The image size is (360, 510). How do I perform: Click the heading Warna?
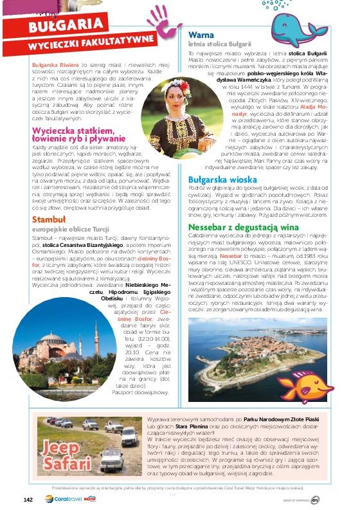tap(200, 34)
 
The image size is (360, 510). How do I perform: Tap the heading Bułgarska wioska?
tap(222, 179)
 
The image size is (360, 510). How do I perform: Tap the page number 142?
tap(28, 498)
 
